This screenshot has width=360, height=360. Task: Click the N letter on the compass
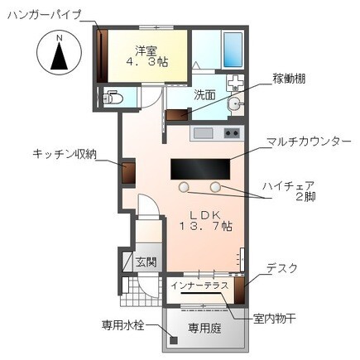point(58,38)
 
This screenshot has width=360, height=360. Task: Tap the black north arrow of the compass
point(58,58)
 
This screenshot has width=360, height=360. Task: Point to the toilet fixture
point(112,98)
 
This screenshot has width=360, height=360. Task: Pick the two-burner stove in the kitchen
point(231,132)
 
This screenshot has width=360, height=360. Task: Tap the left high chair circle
point(184,186)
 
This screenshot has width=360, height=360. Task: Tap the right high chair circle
point(217,186)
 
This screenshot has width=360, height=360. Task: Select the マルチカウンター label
point(308,142)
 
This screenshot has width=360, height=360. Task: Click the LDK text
point(203,214)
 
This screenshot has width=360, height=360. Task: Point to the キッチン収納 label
point(65,153)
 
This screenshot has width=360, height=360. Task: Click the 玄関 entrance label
point(146,262)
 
